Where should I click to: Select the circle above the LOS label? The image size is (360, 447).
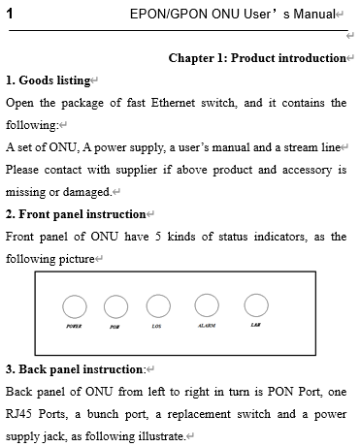pos(158,307)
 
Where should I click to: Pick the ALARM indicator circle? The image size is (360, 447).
pos(207,306)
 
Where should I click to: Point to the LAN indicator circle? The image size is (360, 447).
pos(255,306)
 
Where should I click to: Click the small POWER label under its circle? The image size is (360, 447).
pos(74,328)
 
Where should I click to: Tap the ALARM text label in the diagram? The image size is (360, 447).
pos(206,327)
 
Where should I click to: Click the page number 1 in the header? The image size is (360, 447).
pos(9,12)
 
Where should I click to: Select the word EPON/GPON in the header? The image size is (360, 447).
pos(166,12)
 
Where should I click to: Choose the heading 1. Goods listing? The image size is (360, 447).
pos(48,80)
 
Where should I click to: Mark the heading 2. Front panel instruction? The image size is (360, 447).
pos(75,214)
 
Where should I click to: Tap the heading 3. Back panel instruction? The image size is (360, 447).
pos(73,370)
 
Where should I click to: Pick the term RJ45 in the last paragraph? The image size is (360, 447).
pos(21,415)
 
